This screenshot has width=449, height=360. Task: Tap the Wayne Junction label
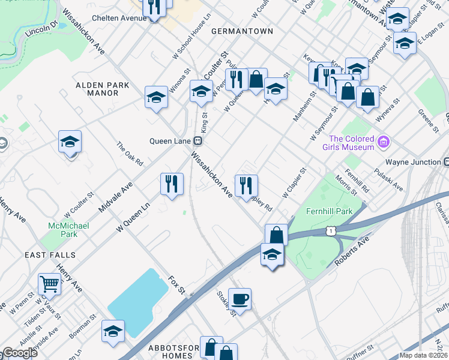413,162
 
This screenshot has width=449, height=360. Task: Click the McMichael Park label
64,229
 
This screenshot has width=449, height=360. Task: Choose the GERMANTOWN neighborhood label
242,31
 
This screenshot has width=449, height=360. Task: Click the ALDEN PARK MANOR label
102,89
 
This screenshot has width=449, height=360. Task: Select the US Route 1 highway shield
331,230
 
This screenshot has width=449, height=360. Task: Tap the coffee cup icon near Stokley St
240,298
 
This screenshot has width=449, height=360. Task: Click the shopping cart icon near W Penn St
49,284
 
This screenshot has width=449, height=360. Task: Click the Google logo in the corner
20,353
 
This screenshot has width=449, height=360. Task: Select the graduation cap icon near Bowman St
113,331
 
